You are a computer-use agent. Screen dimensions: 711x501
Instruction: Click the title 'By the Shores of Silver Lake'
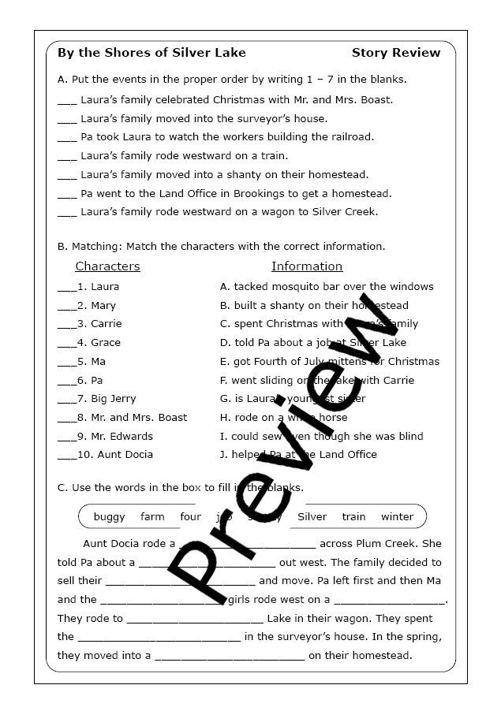tap(151, 53)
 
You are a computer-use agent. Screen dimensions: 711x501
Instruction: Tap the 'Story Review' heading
tap(396, 53)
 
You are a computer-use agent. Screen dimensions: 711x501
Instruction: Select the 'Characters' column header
tap(107, 266)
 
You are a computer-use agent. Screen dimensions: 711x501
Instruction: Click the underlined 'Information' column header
tap(307, 266)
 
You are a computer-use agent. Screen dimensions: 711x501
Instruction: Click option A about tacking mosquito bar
tap(327, 287)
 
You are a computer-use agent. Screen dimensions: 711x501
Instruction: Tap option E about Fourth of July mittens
tap(330, 362)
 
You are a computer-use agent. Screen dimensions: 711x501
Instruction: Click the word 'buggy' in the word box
tap(109, 517)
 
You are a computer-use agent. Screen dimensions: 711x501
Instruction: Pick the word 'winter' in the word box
tap(397, 517)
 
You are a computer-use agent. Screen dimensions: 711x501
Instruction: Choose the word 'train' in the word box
tap(353, 517)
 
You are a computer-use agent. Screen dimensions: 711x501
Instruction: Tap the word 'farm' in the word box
tap(152, 517)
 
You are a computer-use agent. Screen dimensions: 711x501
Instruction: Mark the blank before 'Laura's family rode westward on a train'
tap(67, 158)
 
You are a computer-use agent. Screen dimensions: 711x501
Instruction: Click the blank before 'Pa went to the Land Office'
tap(67, 195)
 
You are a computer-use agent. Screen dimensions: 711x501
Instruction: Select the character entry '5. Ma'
tap(92, 362)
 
